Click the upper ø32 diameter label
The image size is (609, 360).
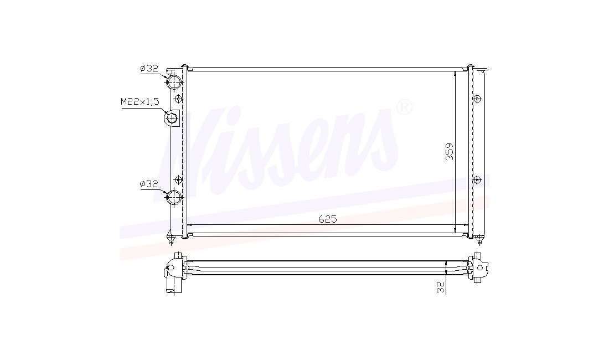tap(149, 68)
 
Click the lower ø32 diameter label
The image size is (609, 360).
tap(149, 184)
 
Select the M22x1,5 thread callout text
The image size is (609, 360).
tap(140, 102)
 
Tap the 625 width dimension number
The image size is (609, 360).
tap(327, 219)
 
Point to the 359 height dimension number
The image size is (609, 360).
tap(450, 151)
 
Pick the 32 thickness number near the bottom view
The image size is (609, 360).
tap(440, 287)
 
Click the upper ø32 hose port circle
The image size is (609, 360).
tap(174, 81)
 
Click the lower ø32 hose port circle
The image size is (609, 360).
tap(174, 197)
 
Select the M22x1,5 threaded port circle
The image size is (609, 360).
tap(171, 117)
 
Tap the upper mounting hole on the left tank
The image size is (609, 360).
tap(178, 99)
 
